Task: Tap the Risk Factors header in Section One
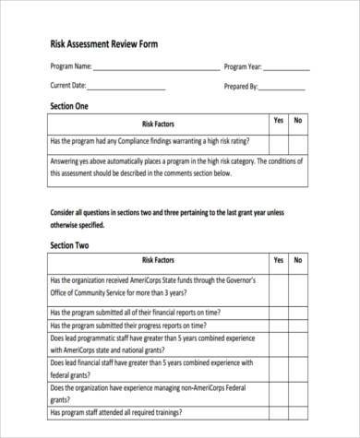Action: pyautogui.click(x=158, y=124)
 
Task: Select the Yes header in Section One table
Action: pyautogui.click(x=278, y=121)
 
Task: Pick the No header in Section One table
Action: pyautogui.click(x=297, y=121)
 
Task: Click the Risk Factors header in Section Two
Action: pyautogui.click(x=158, y=262)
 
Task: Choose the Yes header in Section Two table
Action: pyautogui.click(x=278, y=260)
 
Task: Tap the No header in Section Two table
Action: pyautogui.click(x=297, y=260)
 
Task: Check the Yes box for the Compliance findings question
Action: pyautogui.click(x=278, y=142)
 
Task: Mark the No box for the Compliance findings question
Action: pyautogui.click(x=297, y=142)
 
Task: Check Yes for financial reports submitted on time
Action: pyautogui.click(x=278, y=314)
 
